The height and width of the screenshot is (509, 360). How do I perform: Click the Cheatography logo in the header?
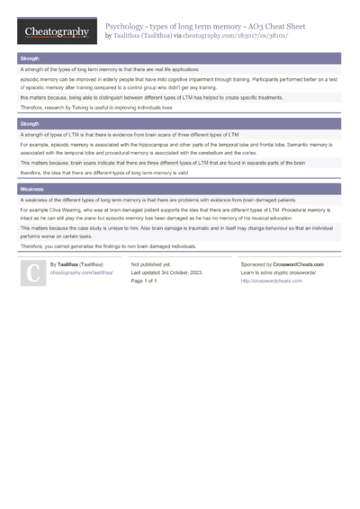coord(56,31)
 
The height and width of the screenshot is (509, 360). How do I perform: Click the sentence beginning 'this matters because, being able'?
coord(151,97)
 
